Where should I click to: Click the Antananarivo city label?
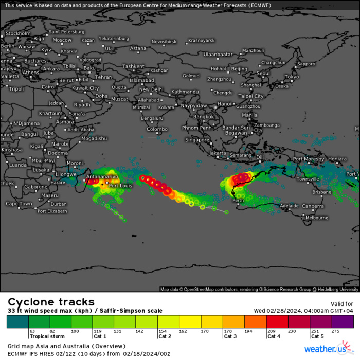pos(102,176)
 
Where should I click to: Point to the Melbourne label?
pos(316,218)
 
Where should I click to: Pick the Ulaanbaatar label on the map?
pos(218,54)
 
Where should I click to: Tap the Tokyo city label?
pos(292,77)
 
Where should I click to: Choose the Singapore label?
pos(197,140)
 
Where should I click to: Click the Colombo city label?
pos(157,129)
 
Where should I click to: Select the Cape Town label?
pos(19,204)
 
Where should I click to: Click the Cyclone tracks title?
pos(51,302)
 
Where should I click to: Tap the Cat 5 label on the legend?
pos(317,336)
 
